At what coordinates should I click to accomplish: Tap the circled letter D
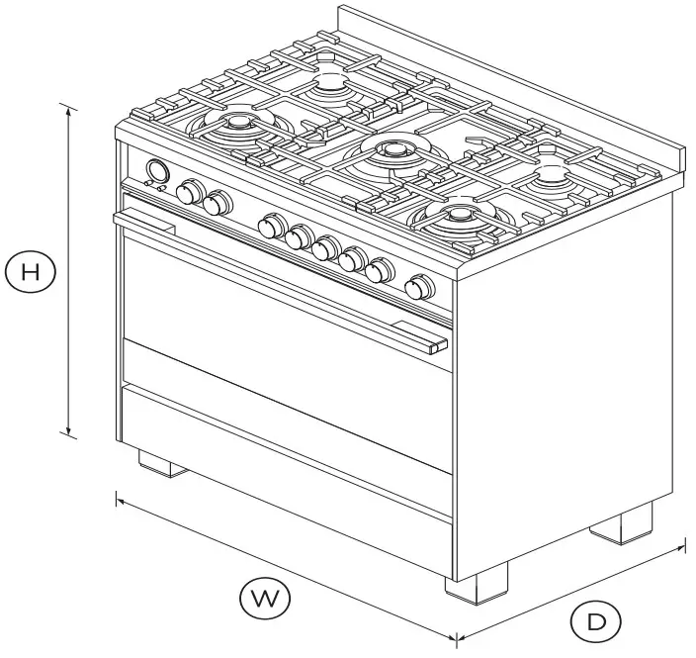595,621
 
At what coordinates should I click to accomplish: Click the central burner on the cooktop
393,151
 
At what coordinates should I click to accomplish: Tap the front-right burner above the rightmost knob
459,214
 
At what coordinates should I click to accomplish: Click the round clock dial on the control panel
155,170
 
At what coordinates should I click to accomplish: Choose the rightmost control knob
420,287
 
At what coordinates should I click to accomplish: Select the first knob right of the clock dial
189,192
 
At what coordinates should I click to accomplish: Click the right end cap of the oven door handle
437,345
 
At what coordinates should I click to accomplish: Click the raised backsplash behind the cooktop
514,79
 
